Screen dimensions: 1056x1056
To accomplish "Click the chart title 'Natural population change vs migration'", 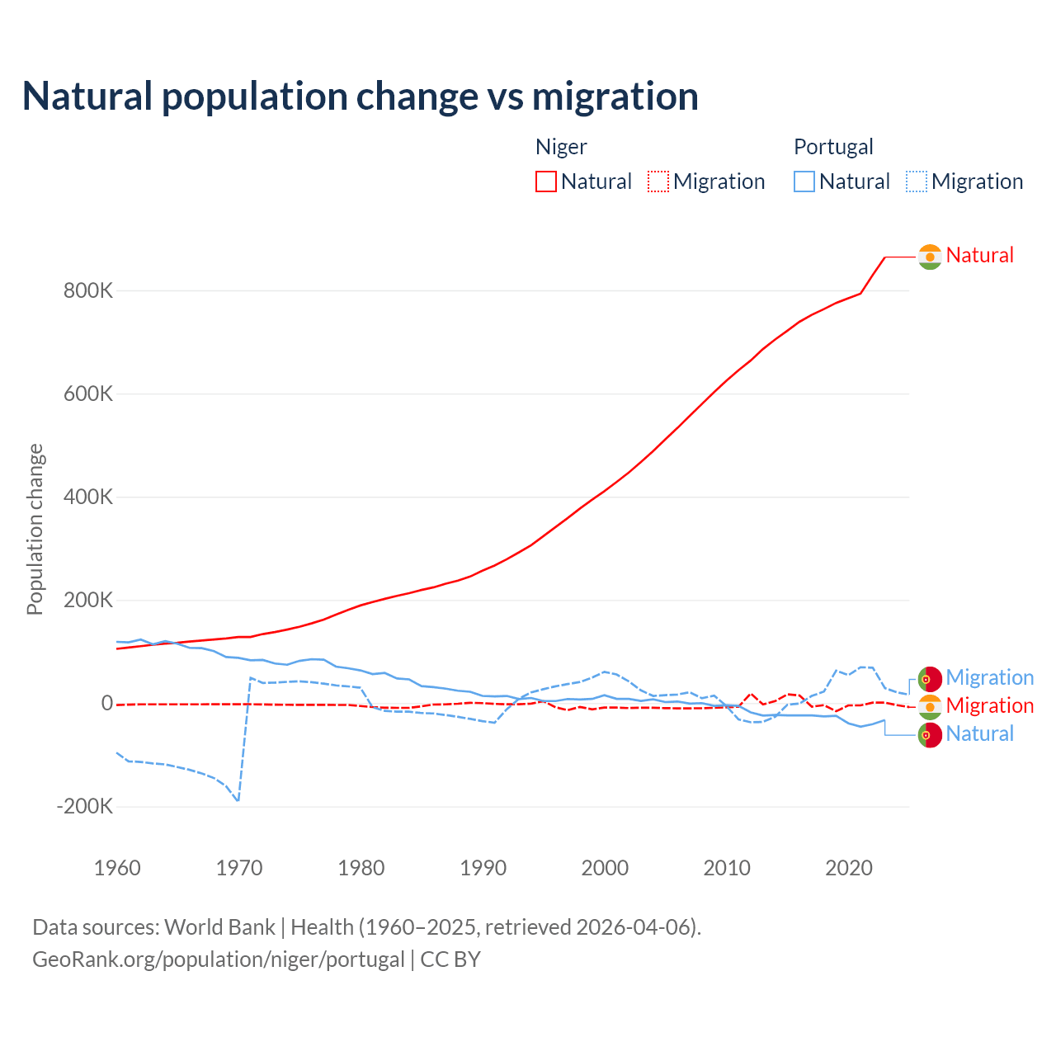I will [361, 97].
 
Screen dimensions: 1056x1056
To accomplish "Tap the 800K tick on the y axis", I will [88, 291].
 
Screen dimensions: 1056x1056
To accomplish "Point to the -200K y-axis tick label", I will [85, 807].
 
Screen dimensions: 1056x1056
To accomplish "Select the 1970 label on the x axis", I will [239, 868].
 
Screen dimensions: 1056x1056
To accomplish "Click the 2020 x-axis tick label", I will [848, 868].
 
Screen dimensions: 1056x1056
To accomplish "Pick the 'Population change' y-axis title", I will [35, 529].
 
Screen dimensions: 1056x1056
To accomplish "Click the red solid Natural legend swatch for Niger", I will [546, 181].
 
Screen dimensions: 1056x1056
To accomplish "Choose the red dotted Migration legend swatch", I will [658, 181].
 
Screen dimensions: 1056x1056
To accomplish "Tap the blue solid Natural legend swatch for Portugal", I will [804, 181].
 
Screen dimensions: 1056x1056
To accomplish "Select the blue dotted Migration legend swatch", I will [917, 181].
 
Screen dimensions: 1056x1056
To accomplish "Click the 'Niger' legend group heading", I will [561, 147].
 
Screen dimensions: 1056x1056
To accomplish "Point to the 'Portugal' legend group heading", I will [833, 147].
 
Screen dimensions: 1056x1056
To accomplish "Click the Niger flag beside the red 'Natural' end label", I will [930, 257].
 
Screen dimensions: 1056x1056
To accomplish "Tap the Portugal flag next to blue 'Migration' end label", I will [930, 678].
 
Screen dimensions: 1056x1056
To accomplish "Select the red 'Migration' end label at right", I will [989, 706].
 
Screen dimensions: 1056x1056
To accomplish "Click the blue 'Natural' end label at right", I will [979, 734].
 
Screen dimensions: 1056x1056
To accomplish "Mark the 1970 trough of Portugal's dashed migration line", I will [238, 800].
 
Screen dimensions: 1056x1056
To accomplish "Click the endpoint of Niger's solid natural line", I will [885, 257].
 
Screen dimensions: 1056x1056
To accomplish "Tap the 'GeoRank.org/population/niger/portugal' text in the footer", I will [219, 959].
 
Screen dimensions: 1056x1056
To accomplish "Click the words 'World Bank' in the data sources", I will [219, 927].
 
